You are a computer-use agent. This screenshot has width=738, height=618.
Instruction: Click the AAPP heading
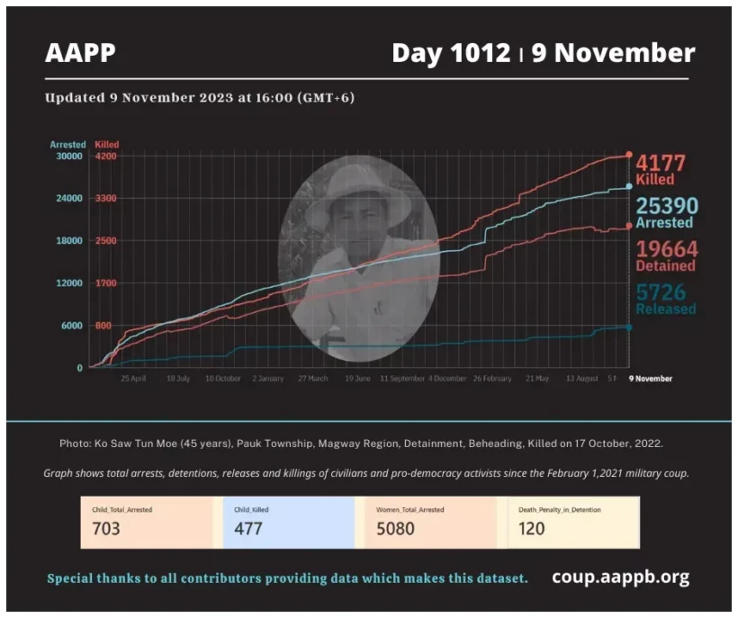pyautogui.click(x=80, y=53)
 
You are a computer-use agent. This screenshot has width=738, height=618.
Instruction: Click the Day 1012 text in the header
pyautogui.click(x=451, y=53)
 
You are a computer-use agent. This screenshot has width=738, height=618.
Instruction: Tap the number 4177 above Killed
pyautogui.click(x=661, y=163)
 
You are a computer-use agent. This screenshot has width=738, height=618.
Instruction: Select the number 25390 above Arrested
pyautogui.click(x=667, y=206)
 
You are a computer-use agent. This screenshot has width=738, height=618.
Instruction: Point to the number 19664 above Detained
pyautogui.click(x=666, y=249)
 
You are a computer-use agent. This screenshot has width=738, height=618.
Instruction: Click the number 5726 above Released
pyautogui.click(x=661, y=292)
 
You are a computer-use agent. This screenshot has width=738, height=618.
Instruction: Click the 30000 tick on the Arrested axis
pyautogui.click(x=70, y=157)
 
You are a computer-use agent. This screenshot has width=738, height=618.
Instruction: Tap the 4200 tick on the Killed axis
pyautogui.click(x=107, y=157)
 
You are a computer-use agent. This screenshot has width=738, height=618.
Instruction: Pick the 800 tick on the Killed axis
pyautogui.click(x=103, y=326)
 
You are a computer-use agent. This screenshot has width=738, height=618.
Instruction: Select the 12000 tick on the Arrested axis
pyautogui.click(x=70, y=283)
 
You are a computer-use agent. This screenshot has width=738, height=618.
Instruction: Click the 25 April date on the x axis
pyautogui.click(x=133, y=379)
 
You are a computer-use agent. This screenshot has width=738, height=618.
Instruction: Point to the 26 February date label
pyautogui.click(x=491, y=379)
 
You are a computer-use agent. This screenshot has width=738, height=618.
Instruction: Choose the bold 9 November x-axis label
pyautogui.click(x=650, y=379)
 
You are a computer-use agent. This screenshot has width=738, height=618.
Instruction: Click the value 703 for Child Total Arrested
pyautogui.click(x=106, y=528)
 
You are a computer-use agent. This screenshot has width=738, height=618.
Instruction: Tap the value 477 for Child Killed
pyautogui.click(x=247, y=528)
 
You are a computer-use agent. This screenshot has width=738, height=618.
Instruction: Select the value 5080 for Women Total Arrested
pyautogui.click(x=396, y=528)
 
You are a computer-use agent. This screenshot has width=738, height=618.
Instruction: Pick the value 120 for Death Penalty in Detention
pyautogui.click(x=531, y=528)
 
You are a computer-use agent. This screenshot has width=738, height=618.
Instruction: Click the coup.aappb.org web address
pyautogui.click(x=620, y=577)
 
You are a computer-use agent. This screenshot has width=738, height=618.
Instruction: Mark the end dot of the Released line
pyautogui.click(x=628, y=327)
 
